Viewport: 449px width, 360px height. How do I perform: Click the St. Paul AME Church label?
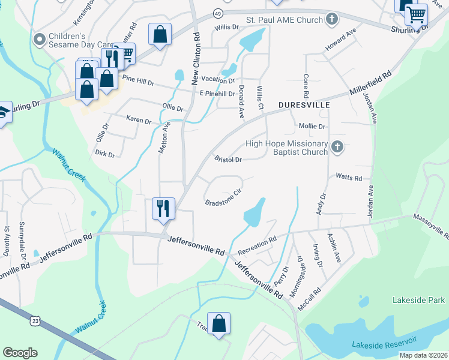pyautogui.click(x=285, y=20)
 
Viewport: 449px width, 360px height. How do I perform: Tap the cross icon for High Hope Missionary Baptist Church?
pyautogui.click(x=337, y=147)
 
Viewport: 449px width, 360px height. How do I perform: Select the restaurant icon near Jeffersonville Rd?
pyautogui.click(x=163, y=209)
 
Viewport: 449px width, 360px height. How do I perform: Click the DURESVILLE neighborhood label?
pyautogui.click(x=304, y=105)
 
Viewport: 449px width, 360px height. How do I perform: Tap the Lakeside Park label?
pyautogui.click(x=418, y=299)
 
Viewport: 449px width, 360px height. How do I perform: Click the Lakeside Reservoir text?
pyautogui.click(x=384, y=343)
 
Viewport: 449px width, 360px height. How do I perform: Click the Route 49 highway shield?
pyautogui.click(x=217, y=13)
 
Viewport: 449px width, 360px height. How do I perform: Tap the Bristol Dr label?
pyautogui.click(x=228, y=160)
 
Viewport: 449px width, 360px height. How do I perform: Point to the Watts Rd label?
pyautogui.click(x=349, y=178)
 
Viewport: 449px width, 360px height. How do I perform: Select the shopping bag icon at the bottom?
pyautogui.click(x=219, y=323)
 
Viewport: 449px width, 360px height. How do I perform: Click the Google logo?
pyautogui.click(x=20, y=353)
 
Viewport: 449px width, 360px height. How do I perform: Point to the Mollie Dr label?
pyautogui.click(x=312, y=127)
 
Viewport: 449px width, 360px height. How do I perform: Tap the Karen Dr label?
pyautogui.click(x=139, y=120)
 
